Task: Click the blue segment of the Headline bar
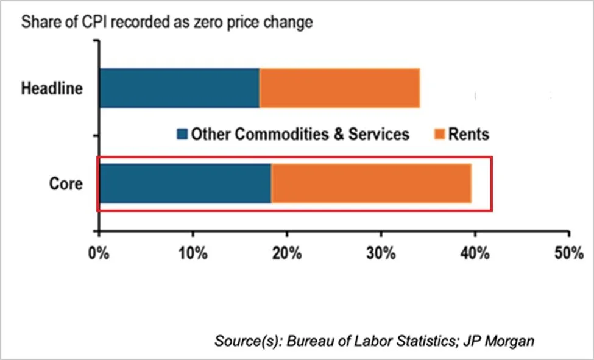pyautogui.click(x=179, y=88)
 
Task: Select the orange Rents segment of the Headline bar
pyautogui.click(x=339, y=88)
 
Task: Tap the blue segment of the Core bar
pyautogui.click(x=185, y=183)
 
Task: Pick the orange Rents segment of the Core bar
pyautogui.click(x=371, y=183)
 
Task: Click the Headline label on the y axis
pyautogui.click(x=52, y=88)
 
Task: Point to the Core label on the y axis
pyautogui.click(x=66, y=183)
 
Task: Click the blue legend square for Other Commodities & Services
pyautogui.click(x=182, y=134)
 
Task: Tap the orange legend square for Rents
pyautogui.click(x=440, y=134)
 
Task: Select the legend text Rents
pyautogui.click(x=468, y=134)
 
